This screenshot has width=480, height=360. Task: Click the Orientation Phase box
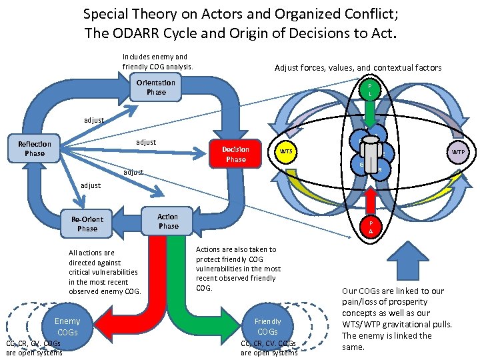156,87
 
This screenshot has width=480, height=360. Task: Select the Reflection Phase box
35,149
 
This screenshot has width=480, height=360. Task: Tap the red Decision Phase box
236,155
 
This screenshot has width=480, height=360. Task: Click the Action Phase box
168,221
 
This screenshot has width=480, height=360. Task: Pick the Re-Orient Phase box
87,224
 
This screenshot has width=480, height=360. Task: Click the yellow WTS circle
285,152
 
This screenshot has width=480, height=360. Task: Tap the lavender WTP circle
459,152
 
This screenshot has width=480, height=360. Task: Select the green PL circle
370,90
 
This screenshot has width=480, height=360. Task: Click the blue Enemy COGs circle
67,327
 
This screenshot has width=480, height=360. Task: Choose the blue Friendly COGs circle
267,327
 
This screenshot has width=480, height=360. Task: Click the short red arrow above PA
371,198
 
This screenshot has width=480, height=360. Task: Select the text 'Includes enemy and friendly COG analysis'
157,62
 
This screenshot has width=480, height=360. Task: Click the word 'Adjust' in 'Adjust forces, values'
287,67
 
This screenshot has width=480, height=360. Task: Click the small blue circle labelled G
361,165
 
